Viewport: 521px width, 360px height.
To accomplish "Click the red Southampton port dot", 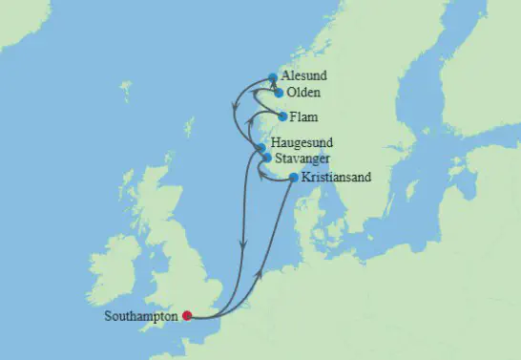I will click(187, 316).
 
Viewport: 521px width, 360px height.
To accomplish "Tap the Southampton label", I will click(144, 316).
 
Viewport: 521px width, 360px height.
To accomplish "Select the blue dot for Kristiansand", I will click(293, 177).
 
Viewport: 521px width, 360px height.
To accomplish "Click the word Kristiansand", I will click(335, 177).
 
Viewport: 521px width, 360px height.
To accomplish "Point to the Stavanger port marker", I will click(267, 158).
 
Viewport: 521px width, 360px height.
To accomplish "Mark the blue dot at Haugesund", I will click(260, 147).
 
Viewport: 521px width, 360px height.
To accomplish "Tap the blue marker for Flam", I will click(282, 116).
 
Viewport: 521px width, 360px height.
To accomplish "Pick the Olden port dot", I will click(278, 94).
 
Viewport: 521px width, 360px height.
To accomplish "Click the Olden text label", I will click(302, 93).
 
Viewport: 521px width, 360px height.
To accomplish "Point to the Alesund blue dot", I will click(273, 76).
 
